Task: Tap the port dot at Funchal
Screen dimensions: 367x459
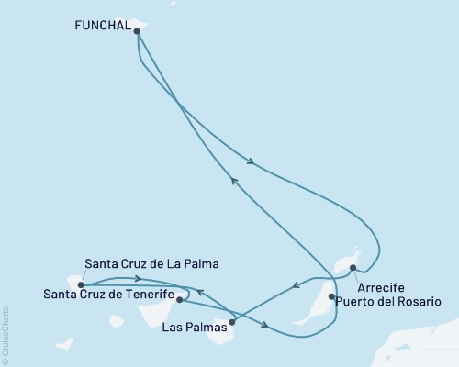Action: click(x=137, y=31)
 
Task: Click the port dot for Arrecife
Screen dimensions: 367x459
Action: click(x=353, y=267)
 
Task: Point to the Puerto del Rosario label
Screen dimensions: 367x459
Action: click(x=382, y=301)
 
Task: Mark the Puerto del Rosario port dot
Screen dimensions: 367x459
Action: click(x=331, y=296)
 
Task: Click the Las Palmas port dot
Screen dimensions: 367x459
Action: click(x=231, y=321)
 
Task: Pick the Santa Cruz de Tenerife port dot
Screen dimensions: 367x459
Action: click(x=180, y=299)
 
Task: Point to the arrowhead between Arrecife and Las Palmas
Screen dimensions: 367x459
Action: click(x=294, y=286)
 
